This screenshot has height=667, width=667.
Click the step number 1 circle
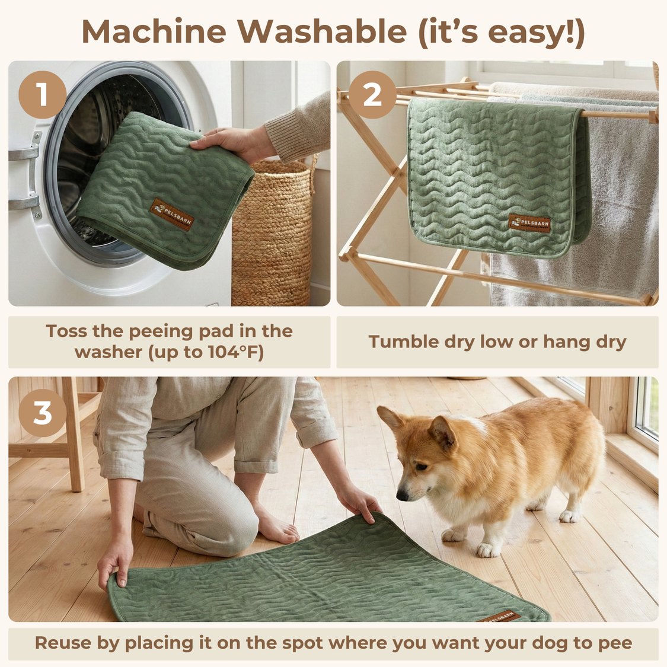[x=42, y=95]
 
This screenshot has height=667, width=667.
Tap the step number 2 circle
[x=372, y=95]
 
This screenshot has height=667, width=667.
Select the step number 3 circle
[x=42, y=413]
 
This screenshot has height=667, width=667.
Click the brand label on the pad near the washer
[x=172, y=215]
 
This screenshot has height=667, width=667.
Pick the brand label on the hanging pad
[x=529, y=224]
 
